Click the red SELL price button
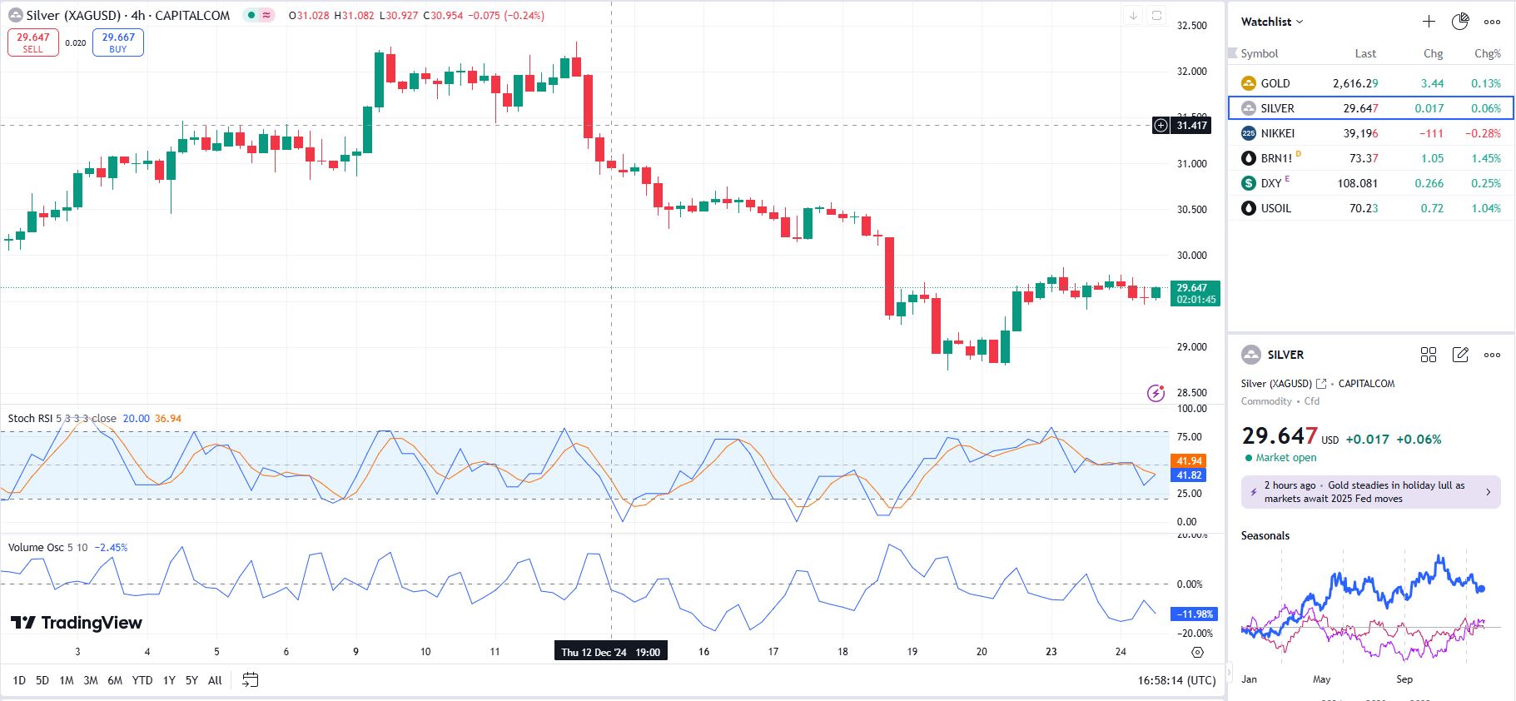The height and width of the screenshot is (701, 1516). coord(33,42)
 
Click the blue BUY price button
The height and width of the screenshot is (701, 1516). coord(118,42)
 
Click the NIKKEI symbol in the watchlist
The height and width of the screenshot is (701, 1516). coord(1277,133)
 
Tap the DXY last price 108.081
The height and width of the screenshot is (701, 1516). coord(1357,183)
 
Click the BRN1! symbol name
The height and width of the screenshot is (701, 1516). coord(1276,158)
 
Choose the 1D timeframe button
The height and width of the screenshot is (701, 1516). coord(19,680)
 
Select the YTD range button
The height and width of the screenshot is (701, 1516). coord(142,680)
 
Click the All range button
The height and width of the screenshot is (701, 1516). coord(215,680)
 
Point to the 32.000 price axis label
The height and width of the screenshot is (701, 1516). coord(1191,72)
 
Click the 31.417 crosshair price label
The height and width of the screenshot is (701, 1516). coord(1191,126)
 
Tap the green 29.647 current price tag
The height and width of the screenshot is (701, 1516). coord(1195,293)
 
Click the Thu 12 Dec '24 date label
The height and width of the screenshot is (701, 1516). coord(610,652)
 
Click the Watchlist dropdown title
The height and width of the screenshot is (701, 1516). coord(1271,22)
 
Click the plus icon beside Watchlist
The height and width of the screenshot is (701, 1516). coord(1429,22)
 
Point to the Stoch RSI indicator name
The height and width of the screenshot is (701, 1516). coord(30,419)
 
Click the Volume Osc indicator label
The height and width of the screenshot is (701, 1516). coord(36,548)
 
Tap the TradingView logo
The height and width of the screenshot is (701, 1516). coord(77,623)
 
